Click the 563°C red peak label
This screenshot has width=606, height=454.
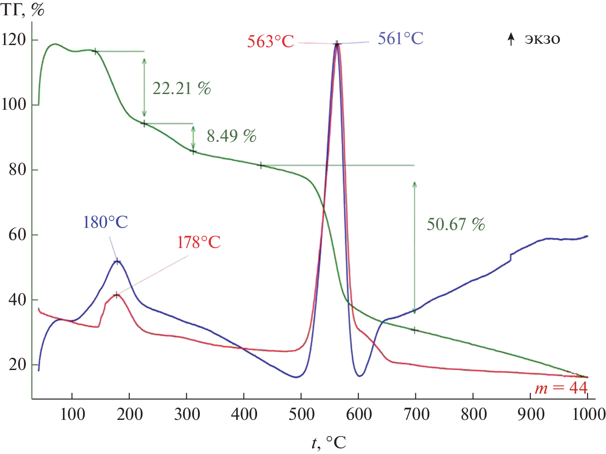click(x=270, y=42)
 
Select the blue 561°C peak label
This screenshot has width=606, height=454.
click(x=401, y=39)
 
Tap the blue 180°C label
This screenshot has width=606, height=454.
click(x=105, y=223)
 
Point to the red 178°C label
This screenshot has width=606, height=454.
click(x=199, y=242)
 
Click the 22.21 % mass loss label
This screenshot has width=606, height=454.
click(x=181, y=89)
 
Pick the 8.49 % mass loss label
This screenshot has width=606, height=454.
click(x=231, y=136)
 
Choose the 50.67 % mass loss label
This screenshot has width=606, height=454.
click(x=456, y=225)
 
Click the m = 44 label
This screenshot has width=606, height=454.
click(x=561, y=388)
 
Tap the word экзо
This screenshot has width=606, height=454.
click(x=542, y=39)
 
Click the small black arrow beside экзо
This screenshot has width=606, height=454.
click(x=511, y=39)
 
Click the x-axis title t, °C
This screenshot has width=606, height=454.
click(x=329, y=443)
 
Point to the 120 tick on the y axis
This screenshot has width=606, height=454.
click(x=14, y=40)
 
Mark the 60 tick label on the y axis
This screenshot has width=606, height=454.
click(x=17, y=235)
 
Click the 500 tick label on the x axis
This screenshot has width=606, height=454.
click(x=301, y=414)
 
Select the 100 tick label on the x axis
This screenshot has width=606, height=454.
click(x=72, y=414)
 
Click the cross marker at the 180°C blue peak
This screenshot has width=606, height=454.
click(x=117, y=262)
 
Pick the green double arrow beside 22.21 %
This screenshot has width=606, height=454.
click(x=144, y=87)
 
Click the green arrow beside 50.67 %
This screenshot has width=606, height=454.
click(x=414, y=247)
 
